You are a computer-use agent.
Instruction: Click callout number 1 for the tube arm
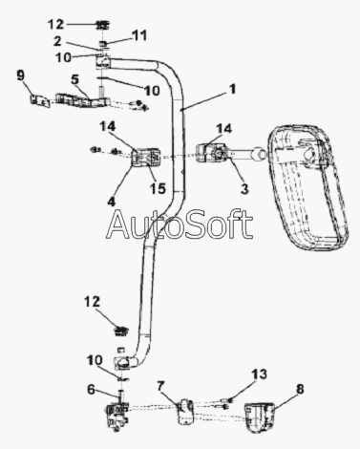(233, 89)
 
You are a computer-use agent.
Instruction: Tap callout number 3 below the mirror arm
(244, 189)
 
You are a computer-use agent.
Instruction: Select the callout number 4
(111, 202)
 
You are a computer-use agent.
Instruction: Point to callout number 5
(74, 79)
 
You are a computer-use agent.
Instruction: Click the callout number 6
(91, 389)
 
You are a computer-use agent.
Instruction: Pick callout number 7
(160, 387)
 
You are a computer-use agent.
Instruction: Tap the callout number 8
(300, 389)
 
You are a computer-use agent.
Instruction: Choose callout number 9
(20, 75)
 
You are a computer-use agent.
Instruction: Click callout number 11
(139, 35)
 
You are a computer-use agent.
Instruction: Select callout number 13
(259, 374)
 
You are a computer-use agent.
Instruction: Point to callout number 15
(158, 188)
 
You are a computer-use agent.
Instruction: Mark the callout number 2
(57, 41)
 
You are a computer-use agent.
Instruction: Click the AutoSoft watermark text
(180, 224)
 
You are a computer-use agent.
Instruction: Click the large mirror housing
(306, 188)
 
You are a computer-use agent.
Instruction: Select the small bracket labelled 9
(40, 100)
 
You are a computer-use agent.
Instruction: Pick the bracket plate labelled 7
(186, 411)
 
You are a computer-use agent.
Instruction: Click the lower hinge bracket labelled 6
(116, 417)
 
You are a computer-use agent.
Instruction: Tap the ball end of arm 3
(259, 156)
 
